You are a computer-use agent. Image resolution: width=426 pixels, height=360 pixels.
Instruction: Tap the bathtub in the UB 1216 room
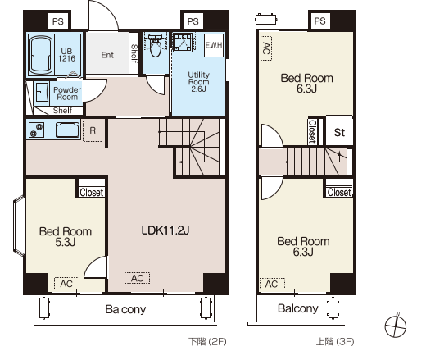[41, 55]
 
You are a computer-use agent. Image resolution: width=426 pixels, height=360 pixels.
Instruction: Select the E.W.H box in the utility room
[214, 45]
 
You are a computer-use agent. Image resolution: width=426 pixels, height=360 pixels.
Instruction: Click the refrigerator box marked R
[93, 130]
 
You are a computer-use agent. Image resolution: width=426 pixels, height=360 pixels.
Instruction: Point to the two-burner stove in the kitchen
[36, 130]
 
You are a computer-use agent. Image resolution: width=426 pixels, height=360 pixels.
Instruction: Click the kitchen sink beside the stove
[67, 130]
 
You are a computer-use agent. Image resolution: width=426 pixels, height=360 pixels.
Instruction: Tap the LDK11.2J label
[165, 230]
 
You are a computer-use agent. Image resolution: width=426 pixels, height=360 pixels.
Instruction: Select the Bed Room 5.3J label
[66, 237]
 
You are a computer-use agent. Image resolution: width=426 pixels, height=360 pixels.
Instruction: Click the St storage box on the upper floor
[339, 130]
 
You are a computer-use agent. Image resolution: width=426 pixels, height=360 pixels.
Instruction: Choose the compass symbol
[396, 326]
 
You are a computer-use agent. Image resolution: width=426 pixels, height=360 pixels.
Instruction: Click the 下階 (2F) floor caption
[207, 342]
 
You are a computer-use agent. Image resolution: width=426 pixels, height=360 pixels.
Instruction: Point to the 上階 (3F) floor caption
[335, 342]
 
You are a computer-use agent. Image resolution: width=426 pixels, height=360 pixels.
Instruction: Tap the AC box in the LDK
[137, 278]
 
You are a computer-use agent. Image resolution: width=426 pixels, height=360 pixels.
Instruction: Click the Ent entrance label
[107, 55]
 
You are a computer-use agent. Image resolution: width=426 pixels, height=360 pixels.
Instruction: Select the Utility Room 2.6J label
[198, 82]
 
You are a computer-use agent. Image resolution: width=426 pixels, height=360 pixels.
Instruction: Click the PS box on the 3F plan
[319, 21]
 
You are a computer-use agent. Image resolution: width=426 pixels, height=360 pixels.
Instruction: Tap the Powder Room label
[67, 93]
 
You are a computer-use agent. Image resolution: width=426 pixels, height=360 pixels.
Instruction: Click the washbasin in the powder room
[42, 92]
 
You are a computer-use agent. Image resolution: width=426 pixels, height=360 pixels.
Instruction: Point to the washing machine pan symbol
[183, 42]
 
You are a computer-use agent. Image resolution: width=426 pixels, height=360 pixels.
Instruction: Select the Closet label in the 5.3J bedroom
[92, 193]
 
